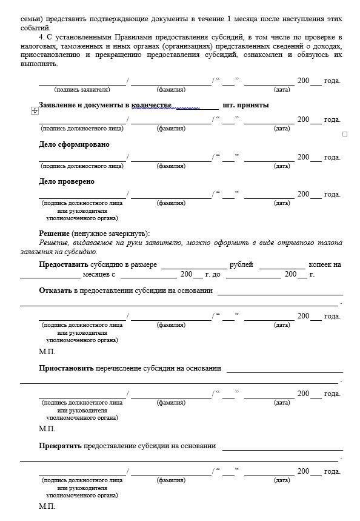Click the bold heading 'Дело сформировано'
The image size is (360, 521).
coord(74,144)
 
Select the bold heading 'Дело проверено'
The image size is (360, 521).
coord(67,181)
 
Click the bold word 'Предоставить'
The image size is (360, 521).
coord(64,264)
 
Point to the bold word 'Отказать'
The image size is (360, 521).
coord(56,291)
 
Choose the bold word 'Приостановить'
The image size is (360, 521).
coord(66,368)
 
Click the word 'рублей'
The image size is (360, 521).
coord(241,264)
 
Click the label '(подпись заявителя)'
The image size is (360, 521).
coord(82,90)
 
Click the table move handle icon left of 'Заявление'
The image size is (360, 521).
coord(35,110)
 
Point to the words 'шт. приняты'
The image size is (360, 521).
coord(245,105)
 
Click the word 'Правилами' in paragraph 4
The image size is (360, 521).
coord(133,38)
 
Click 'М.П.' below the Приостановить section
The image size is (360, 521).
coord(47,429)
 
